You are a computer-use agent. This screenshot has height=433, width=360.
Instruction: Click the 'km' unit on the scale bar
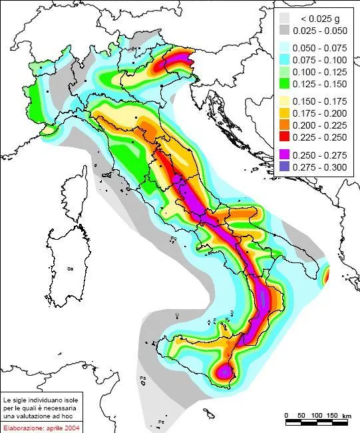click(347, 415)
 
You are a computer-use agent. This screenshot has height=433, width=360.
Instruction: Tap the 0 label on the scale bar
click(286, 415)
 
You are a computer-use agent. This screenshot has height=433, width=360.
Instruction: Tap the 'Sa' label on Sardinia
click(69, 268)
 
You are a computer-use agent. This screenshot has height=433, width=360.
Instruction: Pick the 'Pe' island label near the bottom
click(161, 422)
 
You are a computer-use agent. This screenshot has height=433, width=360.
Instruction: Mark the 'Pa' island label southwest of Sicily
click(142, 378)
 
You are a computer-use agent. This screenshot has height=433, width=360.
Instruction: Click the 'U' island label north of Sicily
click(176, 313)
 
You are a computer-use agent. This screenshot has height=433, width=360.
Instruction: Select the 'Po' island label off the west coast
click(173, 238)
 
